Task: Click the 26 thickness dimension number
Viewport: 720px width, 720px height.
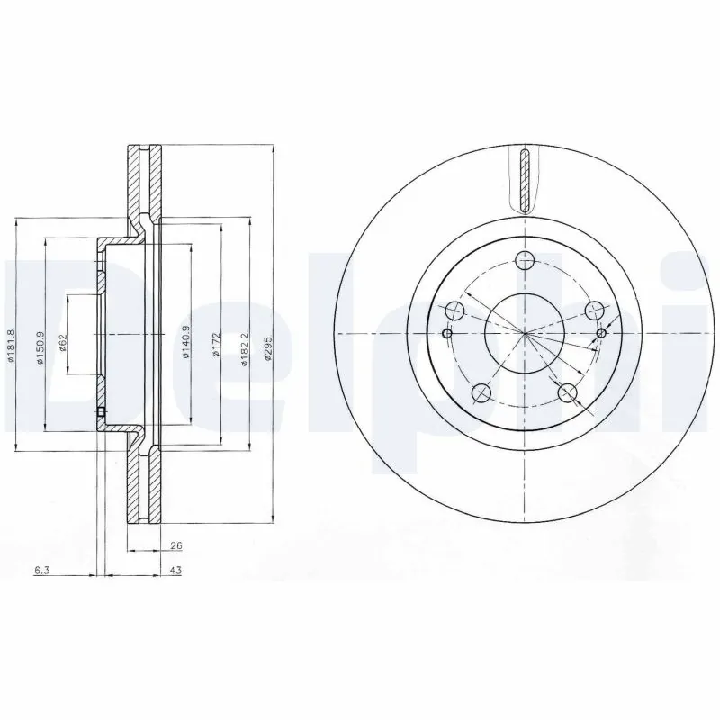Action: (x=175, y=544)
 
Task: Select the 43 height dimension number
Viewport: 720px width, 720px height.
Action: (x=175, y=570)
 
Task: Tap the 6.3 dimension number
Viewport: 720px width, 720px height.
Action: (x=40, y=570)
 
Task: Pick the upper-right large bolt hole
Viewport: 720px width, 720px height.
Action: (x=593, y=310)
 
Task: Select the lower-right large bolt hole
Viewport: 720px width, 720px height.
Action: (x=567, y=392)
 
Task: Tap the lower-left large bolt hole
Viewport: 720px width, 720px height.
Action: (x=481, y=392)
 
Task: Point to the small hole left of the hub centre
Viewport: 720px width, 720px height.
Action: (x=447, y=334)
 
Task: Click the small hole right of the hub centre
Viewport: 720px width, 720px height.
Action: (x=602, y=334)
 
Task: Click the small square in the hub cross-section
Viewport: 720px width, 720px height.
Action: (x=100, y=414)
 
